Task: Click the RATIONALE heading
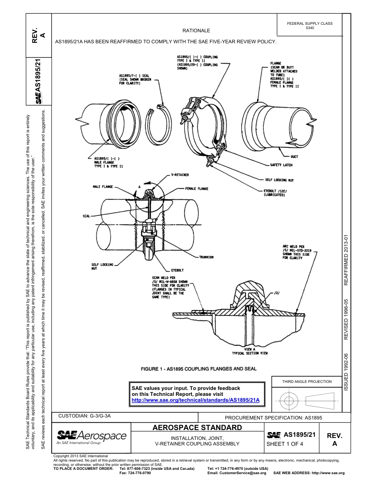coord(196,31)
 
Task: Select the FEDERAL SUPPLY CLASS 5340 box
coord(310,26)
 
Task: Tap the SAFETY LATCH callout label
coord(281,165)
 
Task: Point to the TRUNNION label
coord(206,257)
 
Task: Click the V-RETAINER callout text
coord(180,175)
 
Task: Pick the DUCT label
coord(294,157)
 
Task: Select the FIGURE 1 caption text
coord(198,369)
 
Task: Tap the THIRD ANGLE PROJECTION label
coord(307,381)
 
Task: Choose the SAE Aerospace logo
coord(91,437)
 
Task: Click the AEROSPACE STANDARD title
coord(197,428)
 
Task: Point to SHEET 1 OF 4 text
coord(285,444)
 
